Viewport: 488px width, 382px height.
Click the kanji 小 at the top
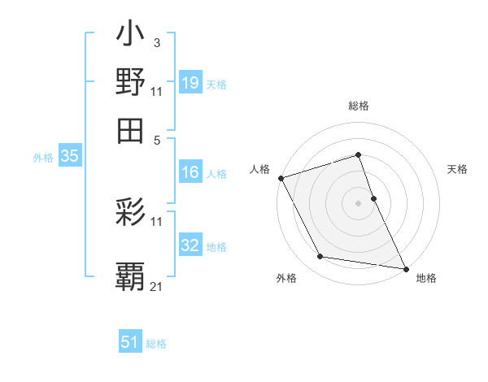click(131, 36)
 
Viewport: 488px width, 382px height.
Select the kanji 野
click(131, 82)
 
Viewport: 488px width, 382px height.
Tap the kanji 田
click(131, 129)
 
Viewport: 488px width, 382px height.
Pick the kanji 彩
click(131, 213)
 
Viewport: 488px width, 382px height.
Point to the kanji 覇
click(131, 276)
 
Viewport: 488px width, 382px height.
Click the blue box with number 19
click(190, 82)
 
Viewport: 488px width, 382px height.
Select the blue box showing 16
click(190, 172)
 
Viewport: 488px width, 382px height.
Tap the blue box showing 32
click(190, 245)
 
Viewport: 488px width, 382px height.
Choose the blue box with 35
click(69, 157)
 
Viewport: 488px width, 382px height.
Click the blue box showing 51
click(130, 342)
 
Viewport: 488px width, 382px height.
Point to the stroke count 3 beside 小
click(156, 41)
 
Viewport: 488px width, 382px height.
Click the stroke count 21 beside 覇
click(157, 286)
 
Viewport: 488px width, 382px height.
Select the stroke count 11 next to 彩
click(157, 220)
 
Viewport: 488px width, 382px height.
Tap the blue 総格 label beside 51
click(156, 344)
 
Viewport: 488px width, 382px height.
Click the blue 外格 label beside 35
click(43, 158)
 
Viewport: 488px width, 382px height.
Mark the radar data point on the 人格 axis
click(281, 178)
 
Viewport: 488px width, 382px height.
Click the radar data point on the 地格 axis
click(405, 267)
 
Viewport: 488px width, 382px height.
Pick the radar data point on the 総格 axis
click(358, 154)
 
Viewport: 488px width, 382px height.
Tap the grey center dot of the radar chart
click(358, 202)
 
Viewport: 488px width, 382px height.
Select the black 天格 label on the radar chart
click(457, 169)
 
